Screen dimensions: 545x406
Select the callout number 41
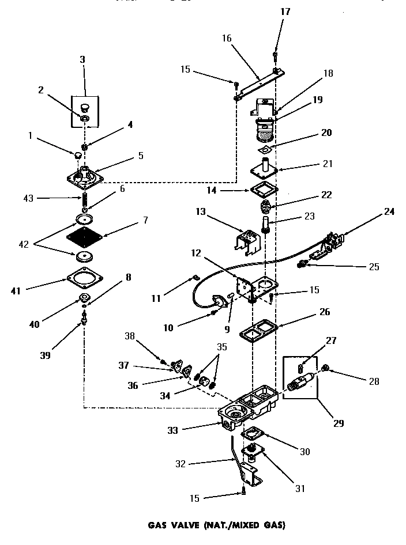16,291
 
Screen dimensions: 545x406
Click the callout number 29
339,423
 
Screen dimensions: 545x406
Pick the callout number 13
200,213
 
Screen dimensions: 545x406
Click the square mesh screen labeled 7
85,237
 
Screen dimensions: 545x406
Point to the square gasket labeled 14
262,190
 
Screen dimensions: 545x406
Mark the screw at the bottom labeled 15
245,491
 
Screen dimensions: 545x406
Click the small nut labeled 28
326,368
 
